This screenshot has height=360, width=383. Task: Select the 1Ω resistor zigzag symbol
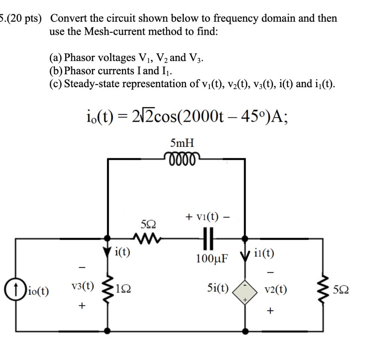click(108, 289)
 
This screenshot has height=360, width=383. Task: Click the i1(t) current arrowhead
click(245, 256)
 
